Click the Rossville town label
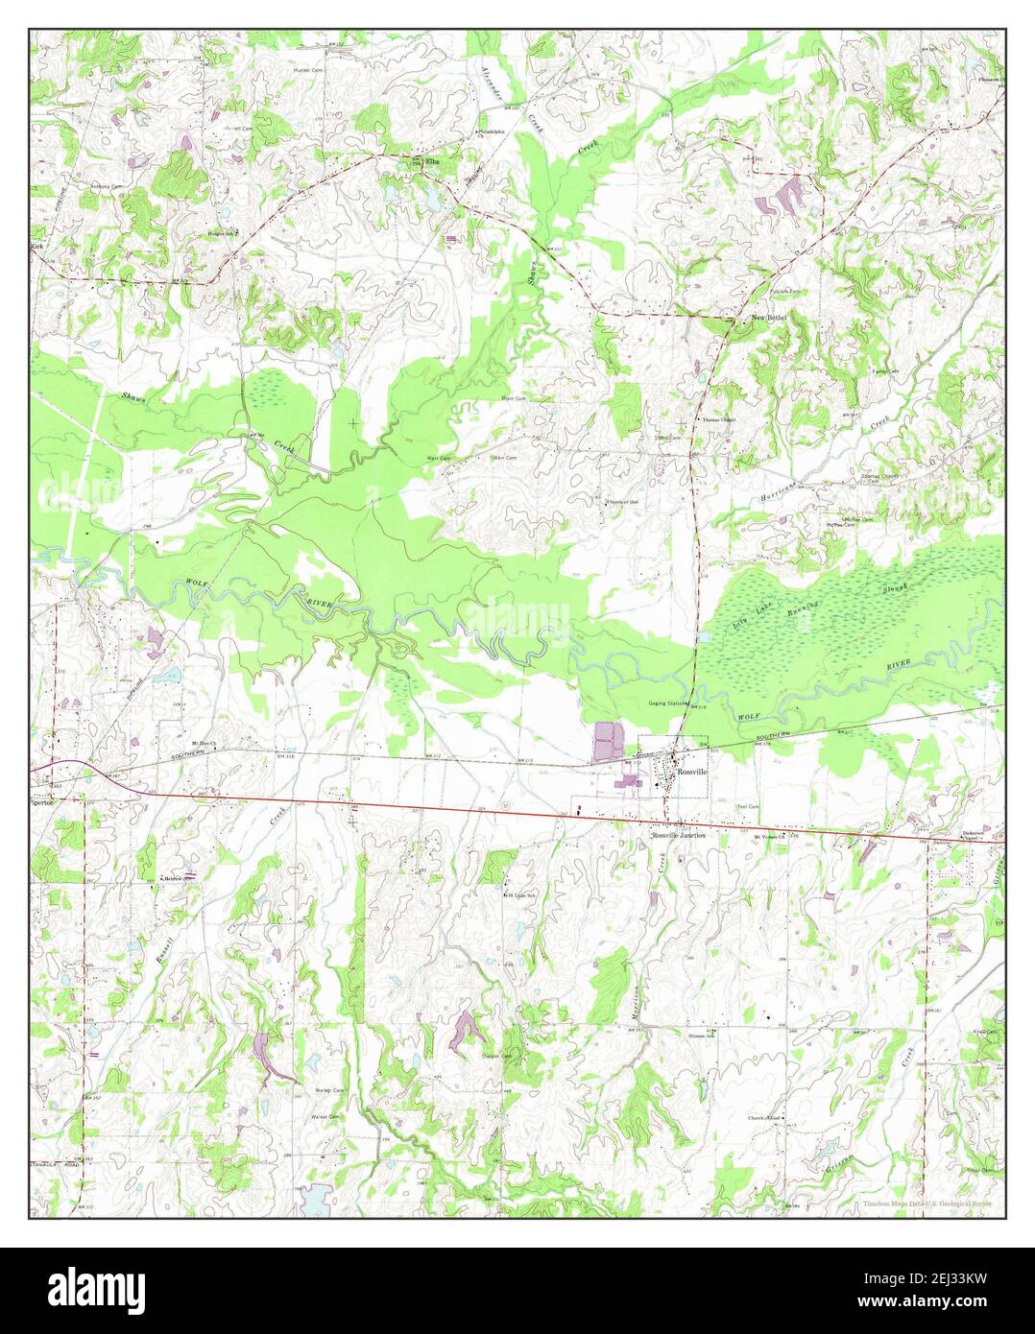point(691,772)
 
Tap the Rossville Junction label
point(680,836)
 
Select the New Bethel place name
point(768,318)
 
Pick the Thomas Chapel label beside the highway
point(718,419)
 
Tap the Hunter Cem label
point(308,70)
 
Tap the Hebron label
point(172,878)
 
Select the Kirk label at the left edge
point(38,247)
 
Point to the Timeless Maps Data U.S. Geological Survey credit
point(926,1203)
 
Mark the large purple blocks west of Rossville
point(607,744)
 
